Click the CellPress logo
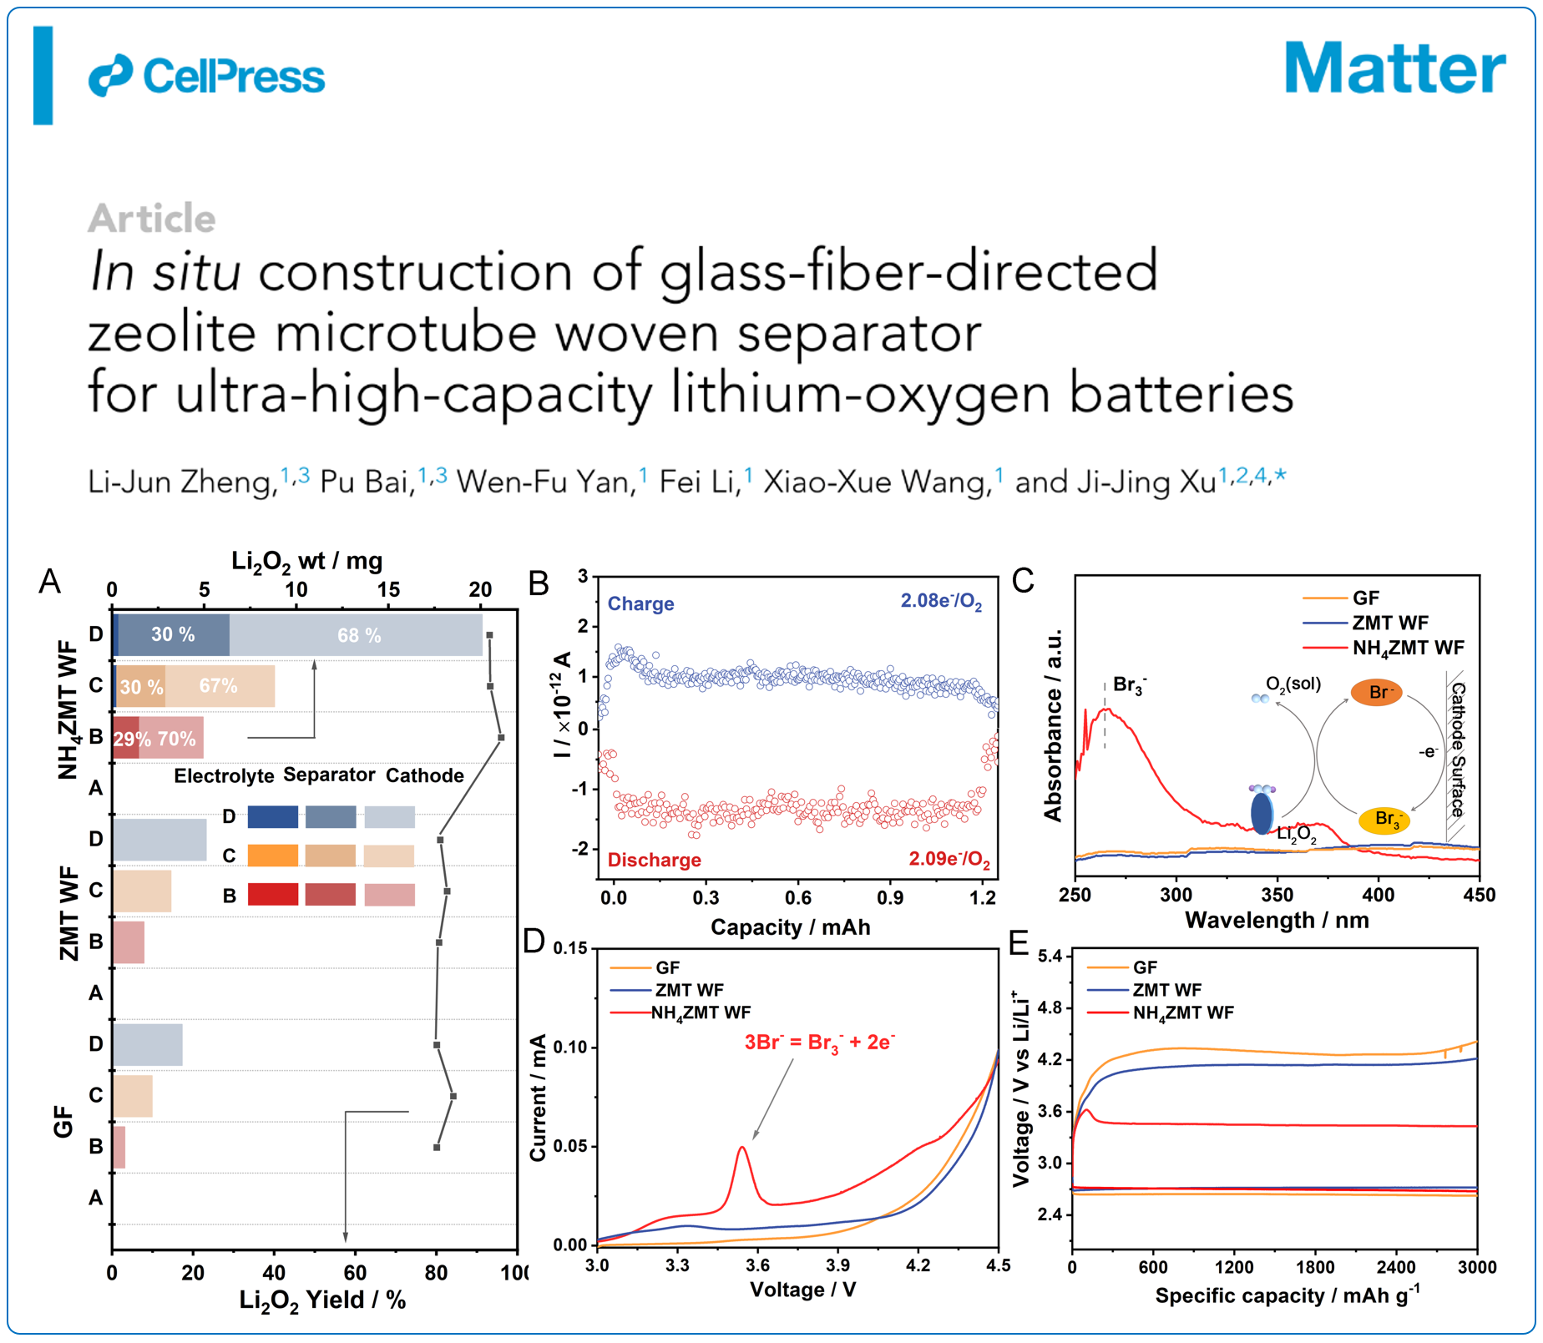click(x=206, y=76)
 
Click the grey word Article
click(x=151, y=219)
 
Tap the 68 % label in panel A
click(x=359, y=636)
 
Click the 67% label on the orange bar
click(x=218, y=686)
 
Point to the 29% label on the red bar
click(x=131, y=739)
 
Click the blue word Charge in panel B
click(x=640, y=603)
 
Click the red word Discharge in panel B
click(x=654, y=860)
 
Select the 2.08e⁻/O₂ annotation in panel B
click(x=941, y=601)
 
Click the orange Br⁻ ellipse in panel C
click(x=1376, y=692)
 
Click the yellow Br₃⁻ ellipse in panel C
click(x=1384, y=819)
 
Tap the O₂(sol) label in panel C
click(x=1293, y=684)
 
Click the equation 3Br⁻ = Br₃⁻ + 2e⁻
click(x=819, y=1043)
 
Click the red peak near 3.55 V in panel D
click(x=741, y=1149)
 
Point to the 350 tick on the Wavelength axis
click(x=1277, y=895)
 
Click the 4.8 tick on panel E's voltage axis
click(x=1050, y=1007)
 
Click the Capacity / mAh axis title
click(x=790, y=927)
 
